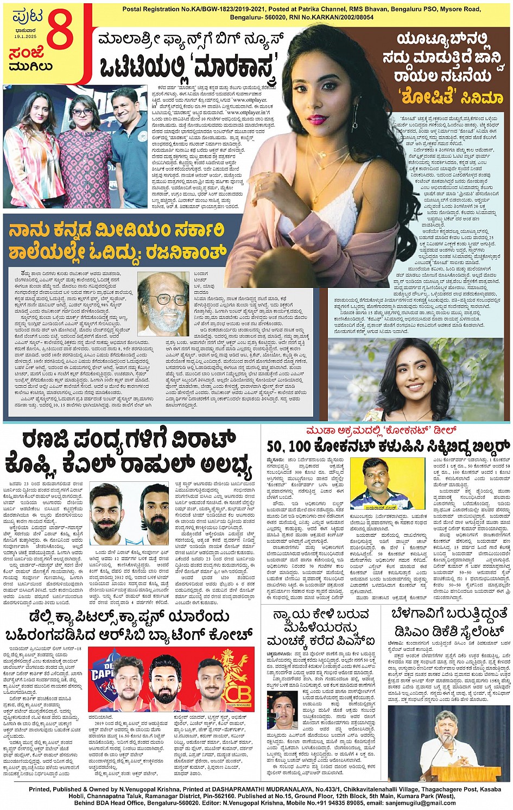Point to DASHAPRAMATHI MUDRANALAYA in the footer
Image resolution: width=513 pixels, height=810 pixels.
(229, 789)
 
